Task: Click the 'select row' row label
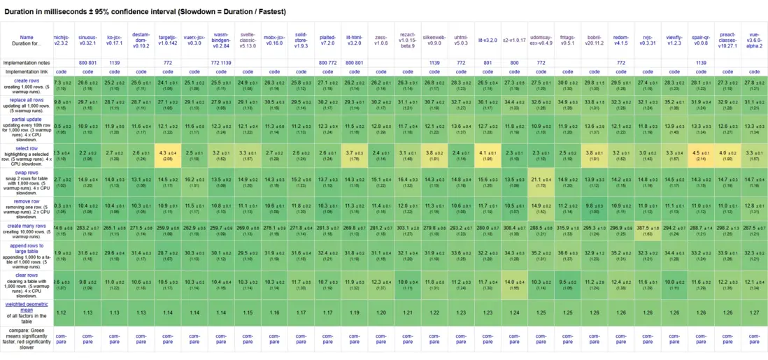pyautogui.click(x=27, y=148)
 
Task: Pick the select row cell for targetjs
pyautogui.click(x=167, y=153)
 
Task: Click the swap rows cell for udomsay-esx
pyautogui.click(x=540, y=181)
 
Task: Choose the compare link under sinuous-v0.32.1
pyautogui.click(x=87, y=340)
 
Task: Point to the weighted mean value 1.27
pyautogui.click(x=753, y=312)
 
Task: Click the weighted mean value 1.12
pyautogui.click(x=61, y=312)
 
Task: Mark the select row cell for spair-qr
pyautogui.click(x=700, y=153)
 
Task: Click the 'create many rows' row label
pyautogui.click(x=27, y=226)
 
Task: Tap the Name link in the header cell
pyautogui.click(x=27, y=37)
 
